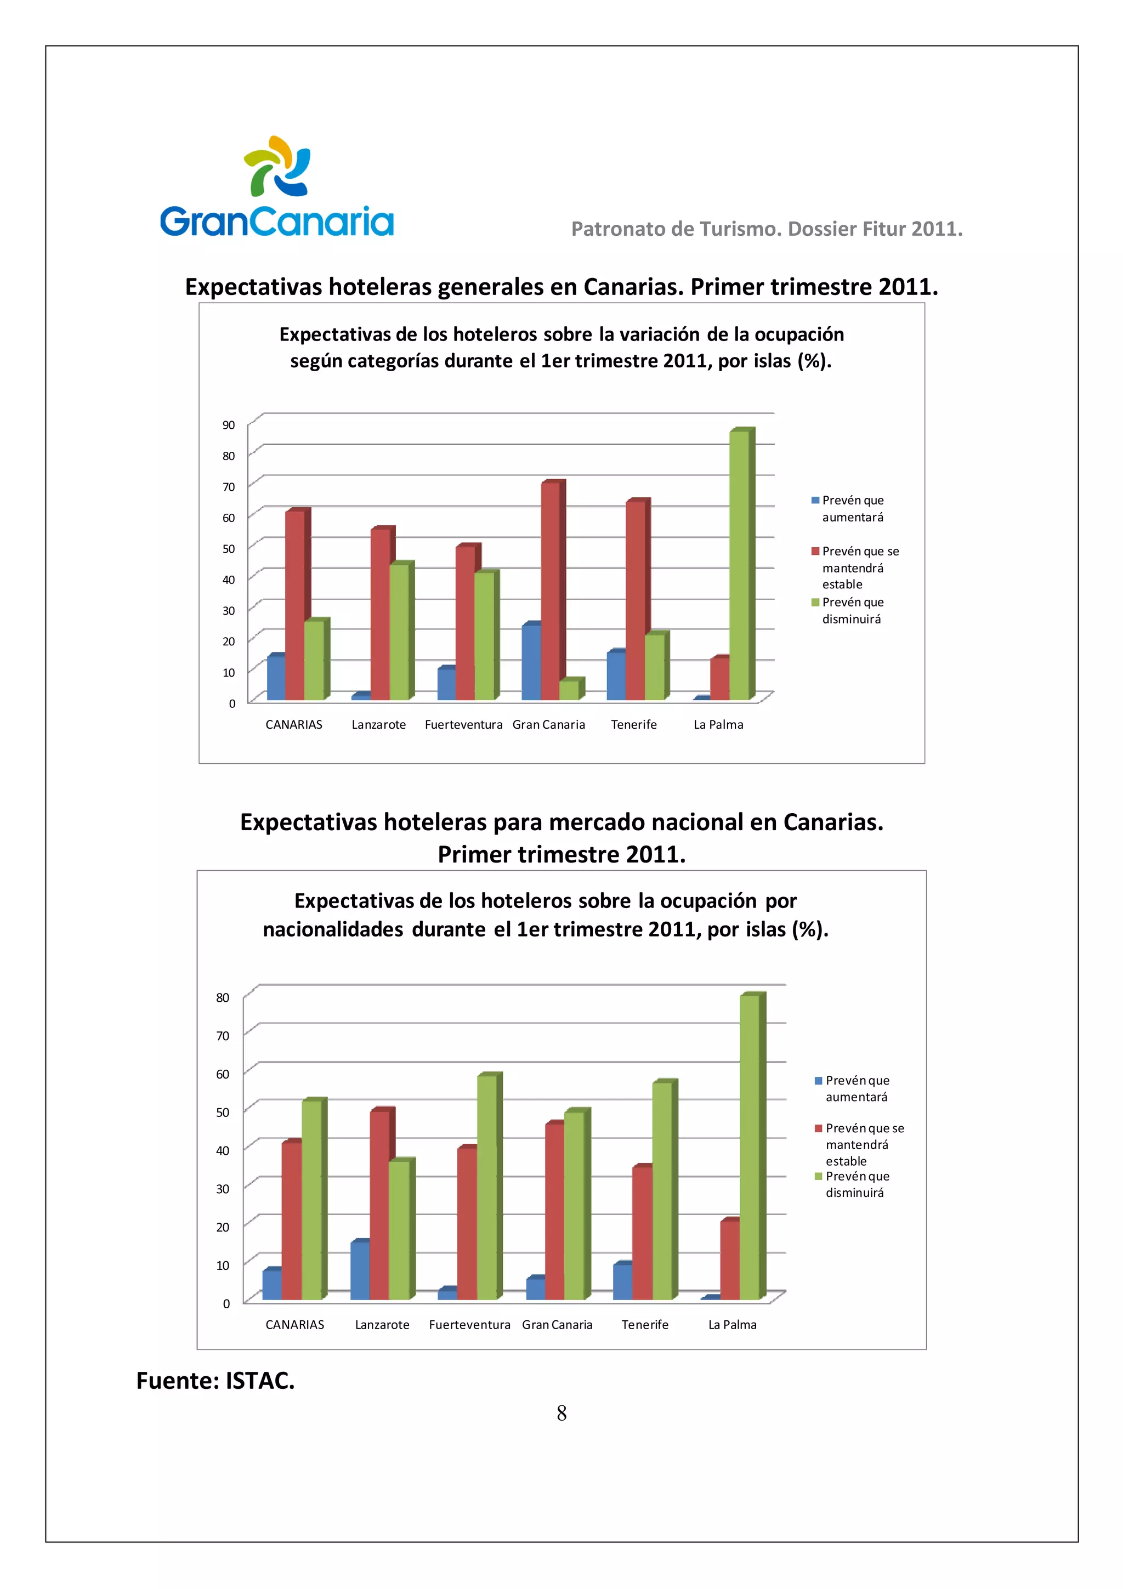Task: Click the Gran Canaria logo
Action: [x=277, y=187]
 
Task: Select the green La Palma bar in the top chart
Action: [x=739, y=564]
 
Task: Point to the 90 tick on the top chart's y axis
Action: [x=228, y=425]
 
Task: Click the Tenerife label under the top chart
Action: [x=634, y=725]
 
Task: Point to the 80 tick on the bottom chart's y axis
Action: [x=223, y=997]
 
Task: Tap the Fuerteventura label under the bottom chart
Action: [x=469, y=1325]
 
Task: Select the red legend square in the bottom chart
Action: [x=819, y=1128]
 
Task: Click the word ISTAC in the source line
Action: [x=259, y=1381]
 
